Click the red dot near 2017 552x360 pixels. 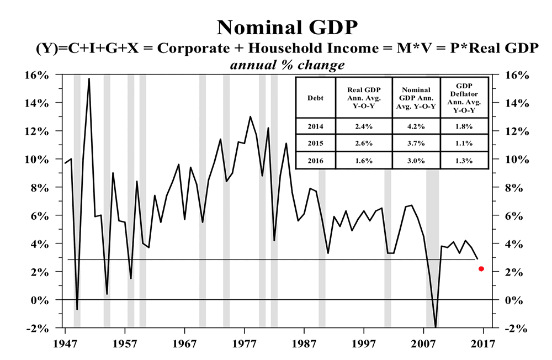[x=481, y=269]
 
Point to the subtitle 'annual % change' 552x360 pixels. [x=275, y=65]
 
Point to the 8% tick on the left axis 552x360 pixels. [x=39, y=188]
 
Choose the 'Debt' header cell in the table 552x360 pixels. [x=315, y=98]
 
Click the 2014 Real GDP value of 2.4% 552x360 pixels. [x=362, y=126]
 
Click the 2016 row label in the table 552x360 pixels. [x=315, y=160]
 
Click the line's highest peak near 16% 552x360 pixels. [x=89, y=79]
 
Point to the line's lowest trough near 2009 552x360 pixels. [x=436, y=327]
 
